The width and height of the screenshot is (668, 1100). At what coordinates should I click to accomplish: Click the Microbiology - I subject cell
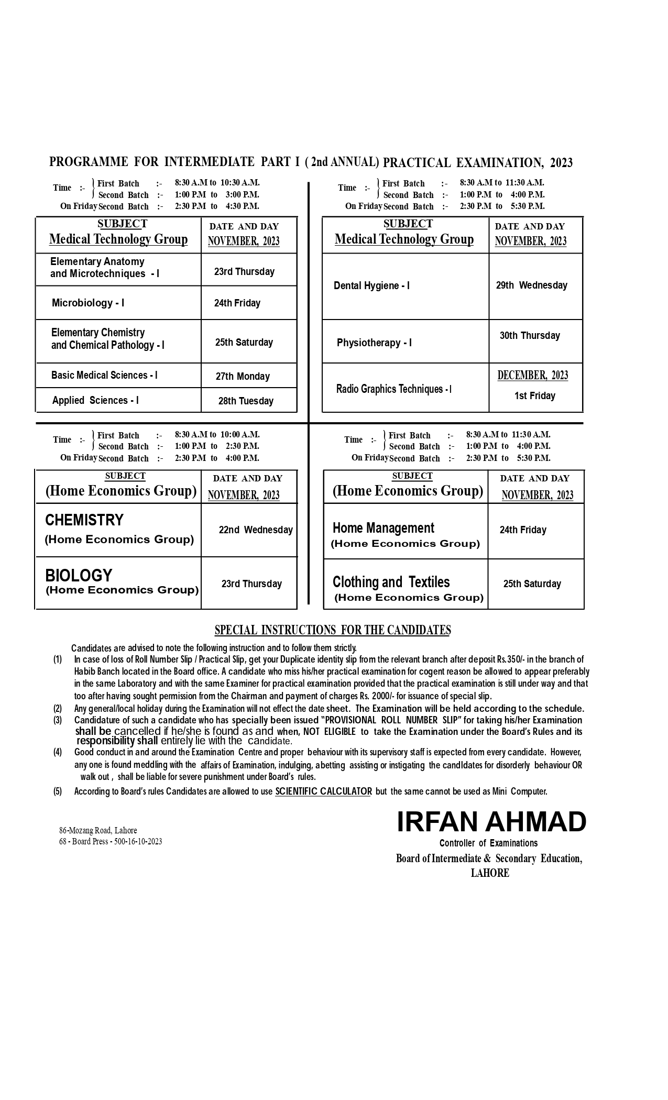[88, 303]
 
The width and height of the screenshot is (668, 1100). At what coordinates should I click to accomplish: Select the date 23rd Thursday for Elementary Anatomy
[244, 271]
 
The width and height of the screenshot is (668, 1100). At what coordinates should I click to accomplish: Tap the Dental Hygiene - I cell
[371, 285]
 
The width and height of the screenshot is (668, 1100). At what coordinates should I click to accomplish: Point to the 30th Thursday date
[530, 335]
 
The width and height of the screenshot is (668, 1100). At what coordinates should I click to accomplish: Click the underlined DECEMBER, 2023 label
[532, 375]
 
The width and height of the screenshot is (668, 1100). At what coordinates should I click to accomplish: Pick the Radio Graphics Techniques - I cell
[393, 389]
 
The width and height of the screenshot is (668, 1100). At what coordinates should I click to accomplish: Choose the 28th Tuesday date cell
[246, 401]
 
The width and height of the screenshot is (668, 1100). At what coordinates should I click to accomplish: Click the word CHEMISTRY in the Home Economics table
[84, 520]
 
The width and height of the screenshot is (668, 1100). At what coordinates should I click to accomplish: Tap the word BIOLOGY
[79, 575]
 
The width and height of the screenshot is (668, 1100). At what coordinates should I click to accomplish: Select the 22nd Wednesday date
[256, 530]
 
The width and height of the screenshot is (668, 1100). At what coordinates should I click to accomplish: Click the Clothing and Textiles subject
[391, 582]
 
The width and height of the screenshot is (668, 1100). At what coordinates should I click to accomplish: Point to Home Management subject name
[384, 528]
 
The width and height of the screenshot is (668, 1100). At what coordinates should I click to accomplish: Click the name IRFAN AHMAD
[491, 821]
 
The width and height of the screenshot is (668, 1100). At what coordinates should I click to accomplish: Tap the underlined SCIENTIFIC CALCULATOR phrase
[323, 791]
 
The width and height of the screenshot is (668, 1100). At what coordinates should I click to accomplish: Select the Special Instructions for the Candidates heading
[333, 630]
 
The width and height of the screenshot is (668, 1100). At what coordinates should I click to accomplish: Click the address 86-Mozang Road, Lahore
[98, 830]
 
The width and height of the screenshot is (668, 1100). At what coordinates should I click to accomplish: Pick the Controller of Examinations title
[488, 843]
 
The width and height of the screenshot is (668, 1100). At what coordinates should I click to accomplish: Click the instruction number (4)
[58, 752]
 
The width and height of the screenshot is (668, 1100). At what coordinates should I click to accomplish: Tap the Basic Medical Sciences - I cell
[104, 375]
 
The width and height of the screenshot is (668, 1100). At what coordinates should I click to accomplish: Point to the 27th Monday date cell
[243, 376]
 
